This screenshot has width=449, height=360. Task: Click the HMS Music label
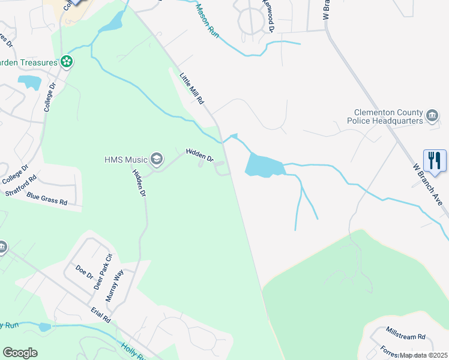coord(125,159)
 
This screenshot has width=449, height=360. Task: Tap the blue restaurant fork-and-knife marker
coord(435,160)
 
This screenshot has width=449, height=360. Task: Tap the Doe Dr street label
coord(85,272)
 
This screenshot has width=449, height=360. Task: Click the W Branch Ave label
coord(427,184)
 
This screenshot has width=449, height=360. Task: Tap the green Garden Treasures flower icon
coord(67,61)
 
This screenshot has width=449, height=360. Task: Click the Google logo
coord(20,353)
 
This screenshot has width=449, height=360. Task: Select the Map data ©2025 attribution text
coord(424,355)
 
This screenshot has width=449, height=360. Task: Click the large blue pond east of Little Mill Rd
coord(263,165)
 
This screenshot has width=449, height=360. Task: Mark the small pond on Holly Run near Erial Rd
coord(44,327)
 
